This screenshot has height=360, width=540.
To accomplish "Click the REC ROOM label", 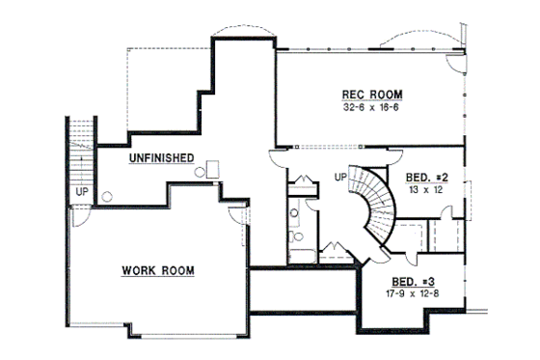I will pyautogui.click(x=371, y=94).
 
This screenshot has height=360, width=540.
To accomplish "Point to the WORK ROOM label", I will pyautogui.click(x=157, y=270).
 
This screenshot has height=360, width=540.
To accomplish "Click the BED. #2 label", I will pyautogui.click(x=427, y=178).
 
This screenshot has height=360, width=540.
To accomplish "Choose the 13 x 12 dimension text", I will pyautogui.click(x=425, y=190).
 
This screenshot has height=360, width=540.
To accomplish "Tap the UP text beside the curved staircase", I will pyautogui.click(x=339, y=178).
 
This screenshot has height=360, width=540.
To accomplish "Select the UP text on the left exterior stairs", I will pyautogui.click(x=81, y=192).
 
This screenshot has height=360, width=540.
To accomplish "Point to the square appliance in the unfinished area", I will pyautogui.click(x=213, y=168).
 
